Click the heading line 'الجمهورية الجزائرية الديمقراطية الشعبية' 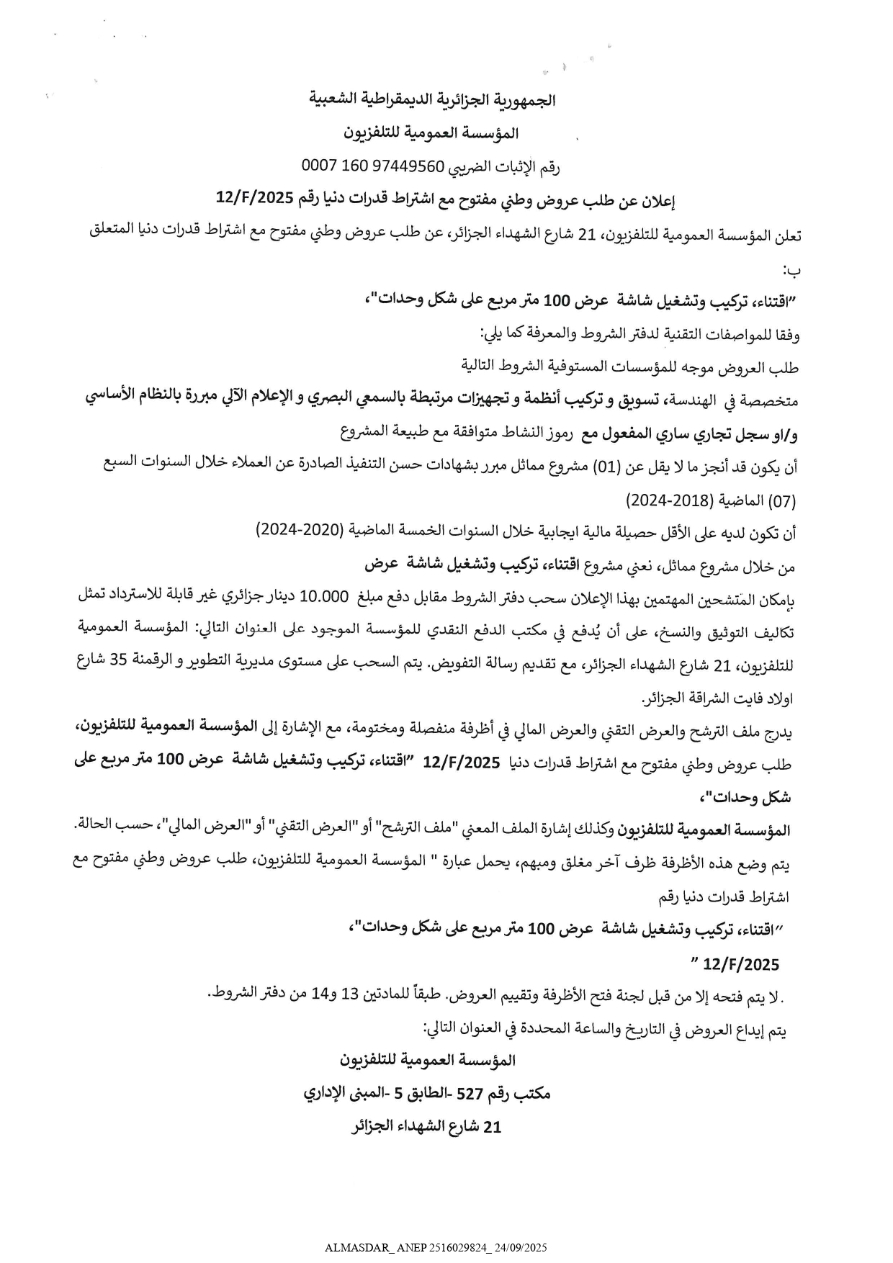433,100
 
